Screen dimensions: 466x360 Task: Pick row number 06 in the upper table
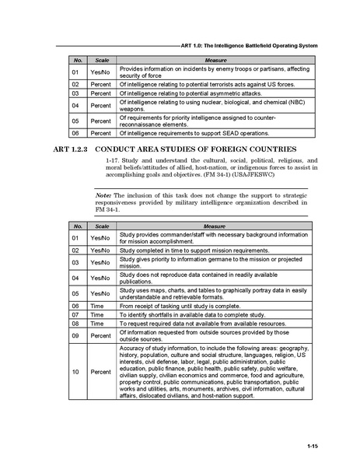point(76,133)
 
